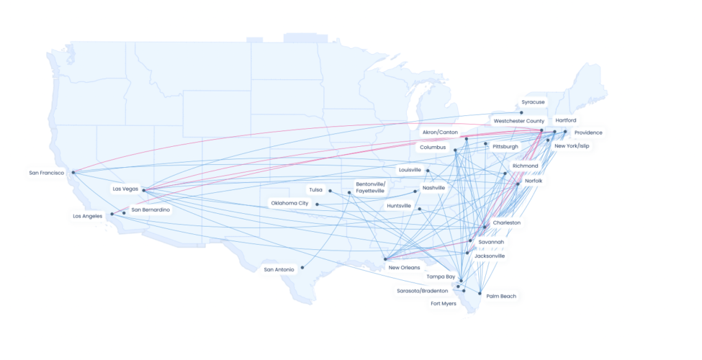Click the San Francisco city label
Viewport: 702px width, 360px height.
point(48,173)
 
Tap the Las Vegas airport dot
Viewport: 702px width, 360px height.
point(144,190)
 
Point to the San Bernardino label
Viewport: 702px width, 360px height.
point(150,210)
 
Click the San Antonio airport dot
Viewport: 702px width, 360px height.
point(302,267)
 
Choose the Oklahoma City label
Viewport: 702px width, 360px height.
point(289,203)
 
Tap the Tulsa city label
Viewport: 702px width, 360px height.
point(315,190)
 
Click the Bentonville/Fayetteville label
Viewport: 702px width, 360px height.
point(370,187)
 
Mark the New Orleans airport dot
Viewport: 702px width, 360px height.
point(386,259)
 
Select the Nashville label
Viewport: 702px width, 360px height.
point(433,188)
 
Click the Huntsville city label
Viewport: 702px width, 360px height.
point(399,206)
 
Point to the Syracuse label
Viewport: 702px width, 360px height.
point(534,102)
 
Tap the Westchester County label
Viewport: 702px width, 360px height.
point(518,121)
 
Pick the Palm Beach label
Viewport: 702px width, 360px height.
point(501,296)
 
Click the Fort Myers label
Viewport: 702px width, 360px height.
point(444,303)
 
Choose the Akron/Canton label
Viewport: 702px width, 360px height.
point(440,132)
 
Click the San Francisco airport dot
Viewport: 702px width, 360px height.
point(73,172)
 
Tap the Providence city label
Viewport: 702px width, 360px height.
point(588,132)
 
